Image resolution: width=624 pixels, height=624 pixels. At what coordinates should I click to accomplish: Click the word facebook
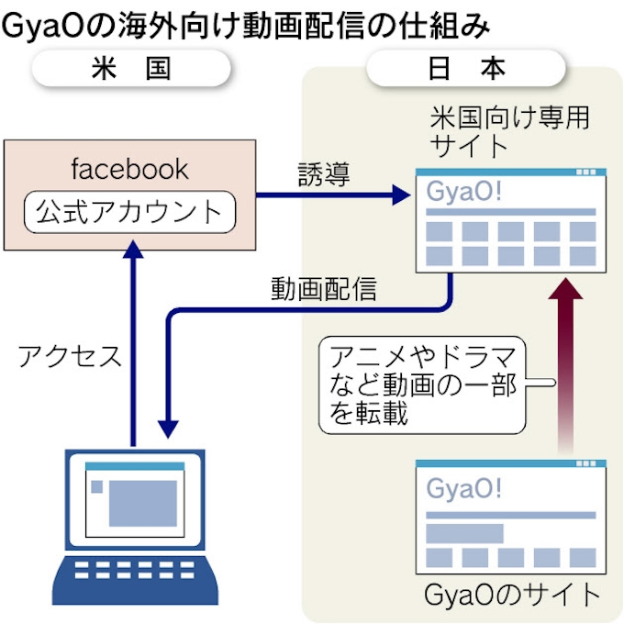[x=129, y=169]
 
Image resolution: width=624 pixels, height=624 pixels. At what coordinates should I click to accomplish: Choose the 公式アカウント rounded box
[x=129, y=213]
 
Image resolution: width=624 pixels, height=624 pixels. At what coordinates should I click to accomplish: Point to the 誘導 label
[x=324, y=174]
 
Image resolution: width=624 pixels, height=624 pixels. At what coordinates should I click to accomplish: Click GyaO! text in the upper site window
[x=466, y=194]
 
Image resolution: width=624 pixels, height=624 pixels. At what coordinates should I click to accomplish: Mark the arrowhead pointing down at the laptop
[x=168, y=429]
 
